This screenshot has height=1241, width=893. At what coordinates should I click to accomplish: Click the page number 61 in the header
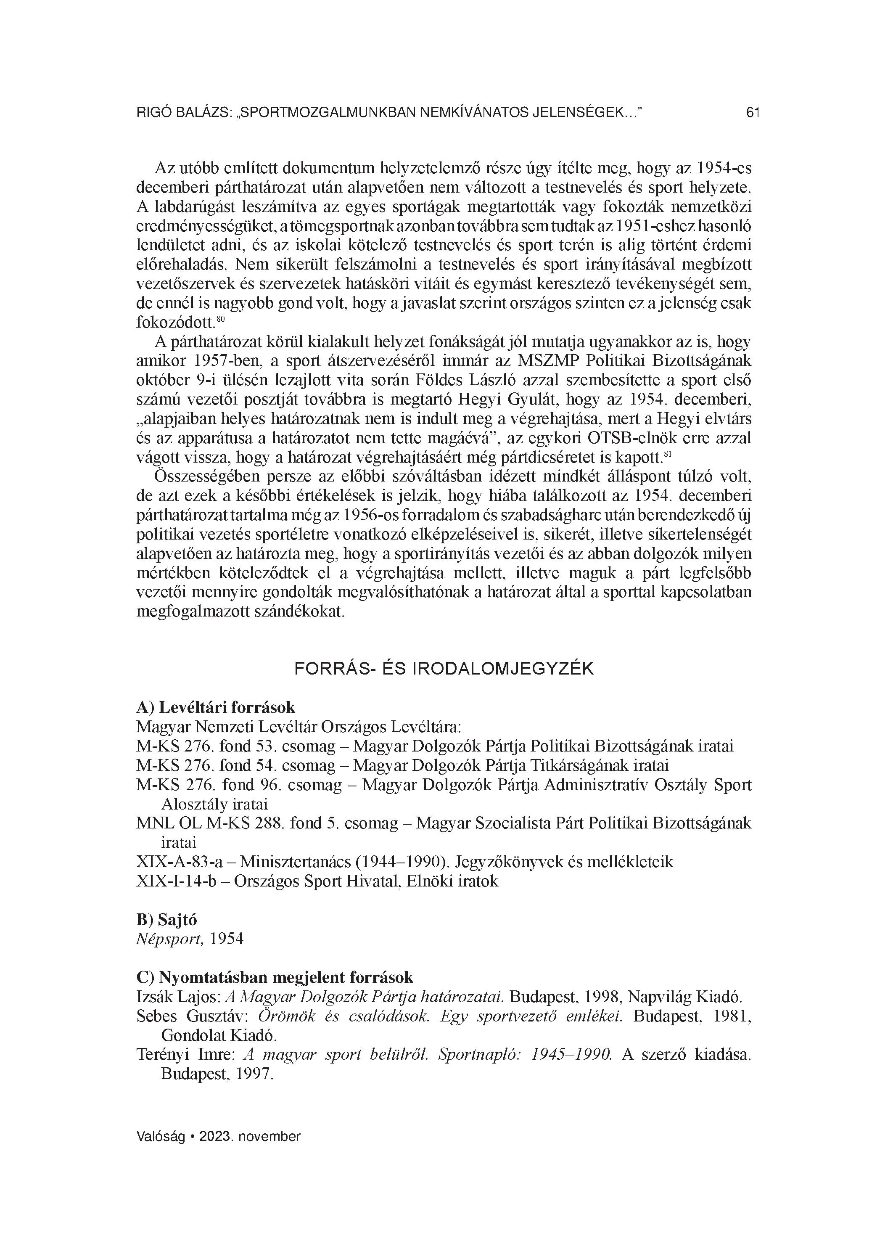753,113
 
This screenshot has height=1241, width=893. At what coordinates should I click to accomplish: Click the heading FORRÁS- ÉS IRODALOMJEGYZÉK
444,669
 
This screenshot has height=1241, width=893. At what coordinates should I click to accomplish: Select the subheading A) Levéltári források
216,707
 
